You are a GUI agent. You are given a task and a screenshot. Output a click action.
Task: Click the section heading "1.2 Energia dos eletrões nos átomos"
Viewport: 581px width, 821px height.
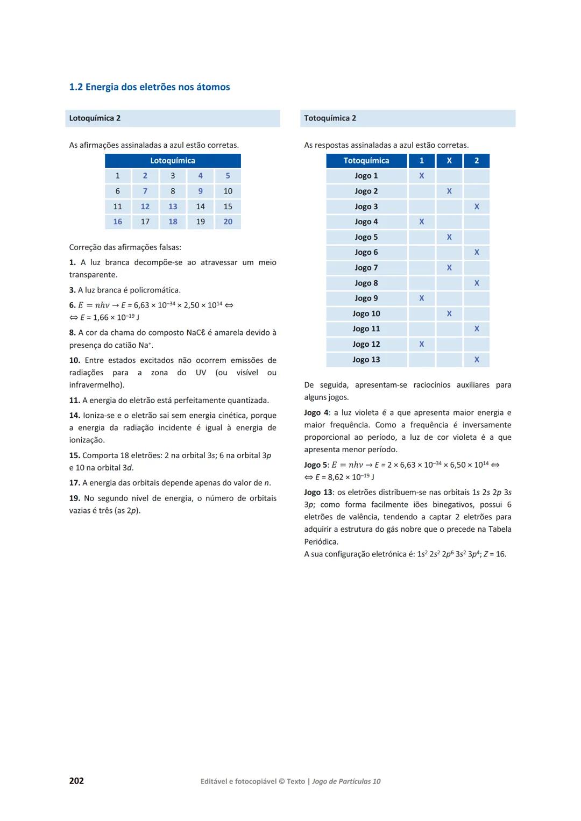150,87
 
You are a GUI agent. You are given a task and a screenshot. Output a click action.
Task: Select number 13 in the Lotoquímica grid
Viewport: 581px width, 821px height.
173,206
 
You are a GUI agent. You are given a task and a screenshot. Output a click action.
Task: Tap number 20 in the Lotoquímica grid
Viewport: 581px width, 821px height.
228,222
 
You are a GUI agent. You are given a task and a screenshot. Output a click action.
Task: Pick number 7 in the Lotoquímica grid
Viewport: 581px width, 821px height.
145,191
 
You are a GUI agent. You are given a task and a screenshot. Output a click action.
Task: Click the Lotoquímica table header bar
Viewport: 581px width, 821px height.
173,161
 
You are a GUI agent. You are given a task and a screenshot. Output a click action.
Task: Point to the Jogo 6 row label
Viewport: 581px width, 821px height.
366,252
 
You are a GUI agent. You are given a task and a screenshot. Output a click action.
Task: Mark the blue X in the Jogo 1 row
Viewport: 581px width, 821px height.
422,176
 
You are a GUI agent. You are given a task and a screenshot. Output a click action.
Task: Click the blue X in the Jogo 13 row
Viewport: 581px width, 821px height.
477,360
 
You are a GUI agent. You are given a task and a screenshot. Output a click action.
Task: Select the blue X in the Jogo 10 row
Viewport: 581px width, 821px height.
449,313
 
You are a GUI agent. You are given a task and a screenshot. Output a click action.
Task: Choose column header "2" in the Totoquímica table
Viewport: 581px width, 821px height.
477,161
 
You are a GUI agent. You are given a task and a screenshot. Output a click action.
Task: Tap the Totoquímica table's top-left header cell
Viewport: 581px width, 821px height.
366,161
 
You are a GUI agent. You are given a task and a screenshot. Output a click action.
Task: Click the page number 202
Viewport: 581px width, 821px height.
76,781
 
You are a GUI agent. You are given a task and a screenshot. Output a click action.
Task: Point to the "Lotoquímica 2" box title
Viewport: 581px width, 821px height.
95,118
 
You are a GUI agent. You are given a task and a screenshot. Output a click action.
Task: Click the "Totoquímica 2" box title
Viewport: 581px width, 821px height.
330,118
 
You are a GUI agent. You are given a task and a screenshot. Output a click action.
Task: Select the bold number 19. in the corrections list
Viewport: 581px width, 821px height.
75,498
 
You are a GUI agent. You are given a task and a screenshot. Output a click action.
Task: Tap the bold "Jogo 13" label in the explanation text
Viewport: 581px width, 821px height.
318,492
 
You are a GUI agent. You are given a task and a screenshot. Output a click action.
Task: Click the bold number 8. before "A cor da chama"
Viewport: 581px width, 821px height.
73,333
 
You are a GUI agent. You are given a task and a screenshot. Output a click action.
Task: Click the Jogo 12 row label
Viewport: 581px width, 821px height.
366,344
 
